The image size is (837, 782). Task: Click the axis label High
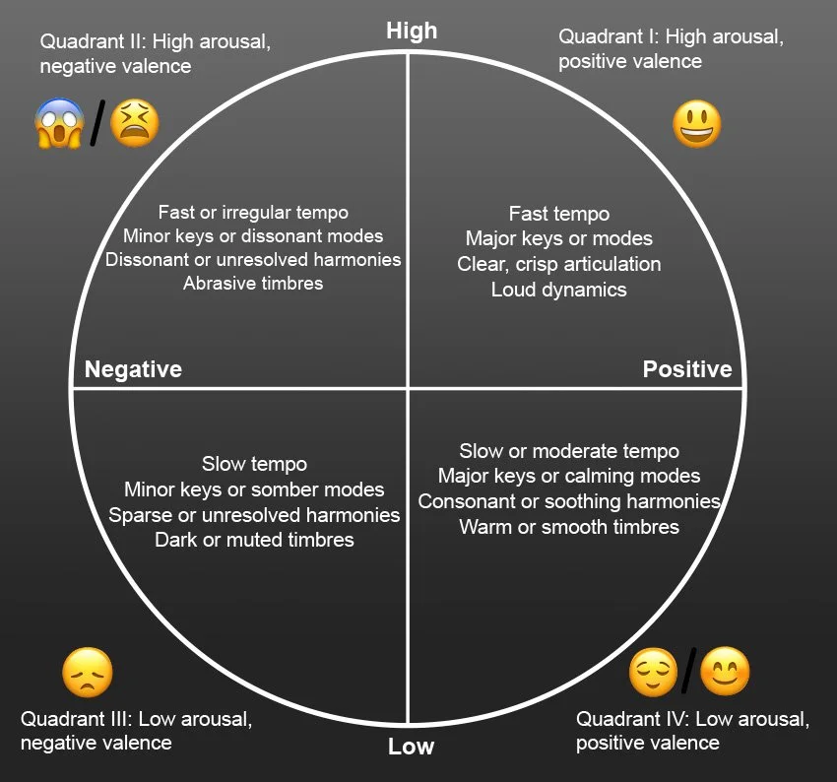412,31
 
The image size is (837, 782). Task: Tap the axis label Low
411,747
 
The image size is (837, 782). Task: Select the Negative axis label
133,369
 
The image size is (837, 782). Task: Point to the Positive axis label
687,369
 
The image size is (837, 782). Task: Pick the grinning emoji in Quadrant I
697,125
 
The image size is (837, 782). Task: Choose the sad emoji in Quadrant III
88,674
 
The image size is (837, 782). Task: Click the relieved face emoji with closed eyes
654,672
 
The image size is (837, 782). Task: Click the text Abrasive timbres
253,284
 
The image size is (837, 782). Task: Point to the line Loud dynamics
558,290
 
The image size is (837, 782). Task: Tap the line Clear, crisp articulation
558,264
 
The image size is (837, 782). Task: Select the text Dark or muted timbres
254,540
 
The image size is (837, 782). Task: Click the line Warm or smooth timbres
569,527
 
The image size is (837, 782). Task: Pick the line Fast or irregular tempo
253,212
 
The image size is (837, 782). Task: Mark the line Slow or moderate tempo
569,451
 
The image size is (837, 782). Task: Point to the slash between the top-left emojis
97,124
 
